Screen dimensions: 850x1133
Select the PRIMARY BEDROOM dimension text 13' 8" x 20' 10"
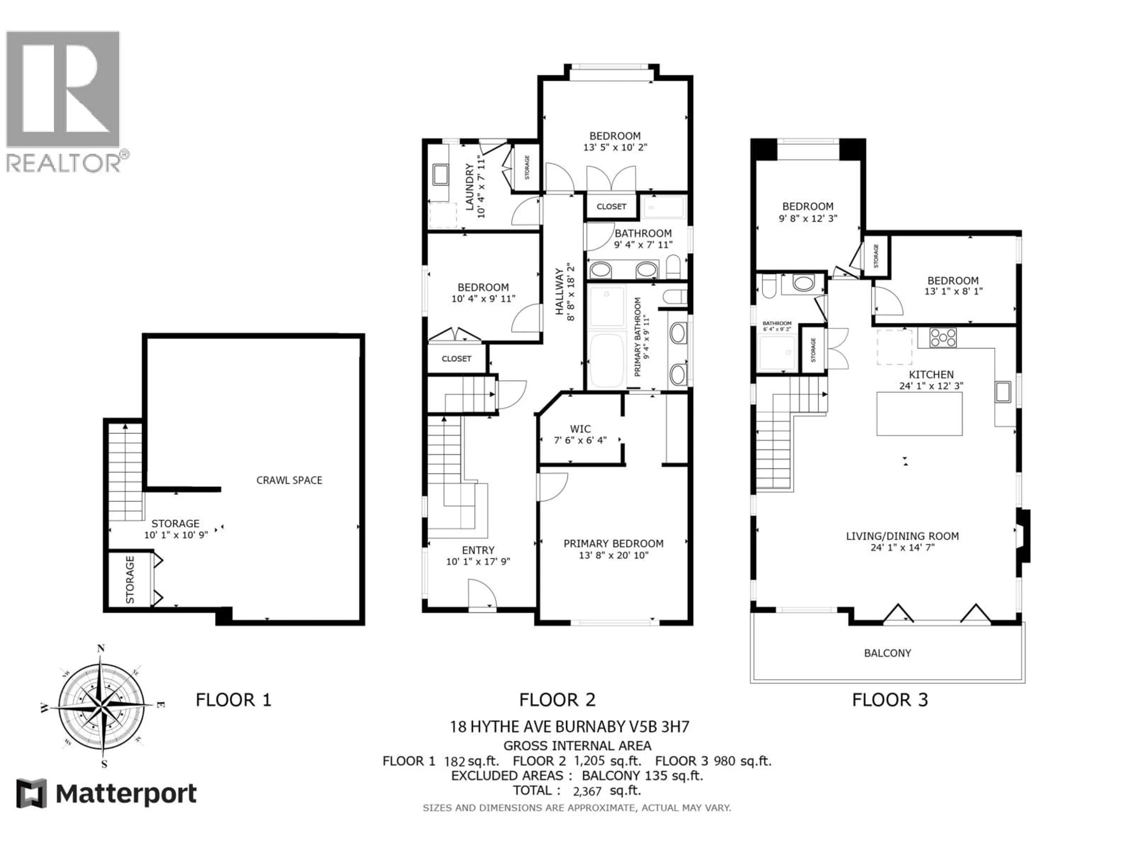coord(613,555)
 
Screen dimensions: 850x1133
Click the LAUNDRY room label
coord(469,187)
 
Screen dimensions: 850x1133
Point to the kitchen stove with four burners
coord(943,338)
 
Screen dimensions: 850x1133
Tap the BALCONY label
coord(887,653)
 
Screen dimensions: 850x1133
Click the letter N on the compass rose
coord(101,648)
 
